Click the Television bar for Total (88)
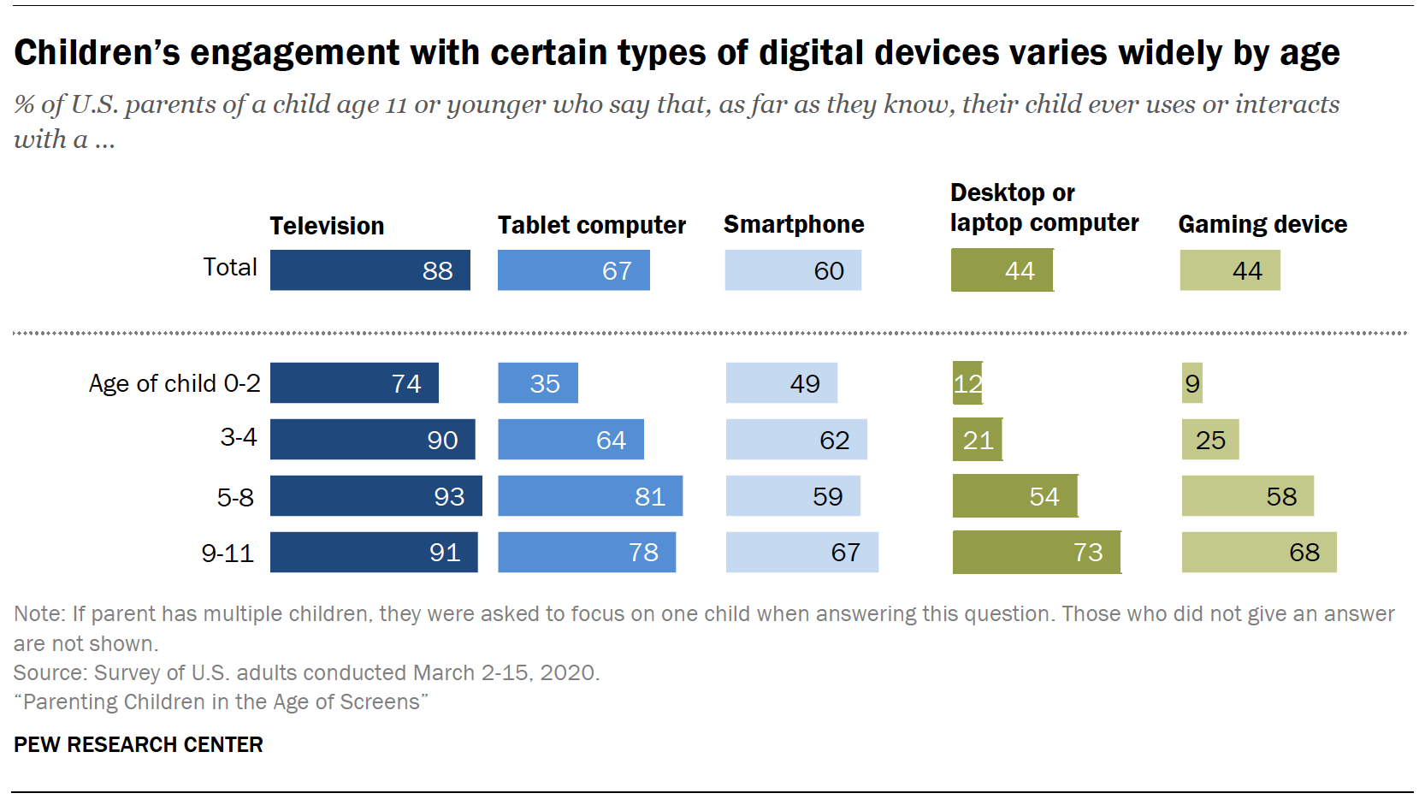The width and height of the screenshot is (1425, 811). pos(370,270)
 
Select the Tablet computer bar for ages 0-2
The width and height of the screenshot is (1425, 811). pos(537,383)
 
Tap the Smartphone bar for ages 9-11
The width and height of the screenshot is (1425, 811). pos(801,553)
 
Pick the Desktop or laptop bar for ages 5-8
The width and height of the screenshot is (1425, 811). pos(1014,496)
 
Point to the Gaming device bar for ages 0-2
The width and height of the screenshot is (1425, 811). pos(1191,383)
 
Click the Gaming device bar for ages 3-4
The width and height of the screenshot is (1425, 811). pos(1209,440)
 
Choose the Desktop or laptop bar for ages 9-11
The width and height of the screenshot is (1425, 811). pos(1036,553)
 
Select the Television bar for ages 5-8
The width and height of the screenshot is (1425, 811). pos(375,496)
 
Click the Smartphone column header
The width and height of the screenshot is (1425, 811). pos(793,224)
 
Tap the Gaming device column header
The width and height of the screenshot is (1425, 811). pos(1262,224)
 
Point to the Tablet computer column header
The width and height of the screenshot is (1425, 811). pos(591,225)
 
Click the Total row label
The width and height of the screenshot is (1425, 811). pos(230,267)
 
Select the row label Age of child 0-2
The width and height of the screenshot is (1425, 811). pos(174,383)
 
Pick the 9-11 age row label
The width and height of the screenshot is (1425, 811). pos(228,553)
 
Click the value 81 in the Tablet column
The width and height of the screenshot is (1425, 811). pos(649,497)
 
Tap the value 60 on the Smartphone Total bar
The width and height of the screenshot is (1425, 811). pos(828,271)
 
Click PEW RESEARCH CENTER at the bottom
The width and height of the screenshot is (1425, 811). pos(139,744)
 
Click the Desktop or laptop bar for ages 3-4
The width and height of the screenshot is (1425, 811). pos(977,440)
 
